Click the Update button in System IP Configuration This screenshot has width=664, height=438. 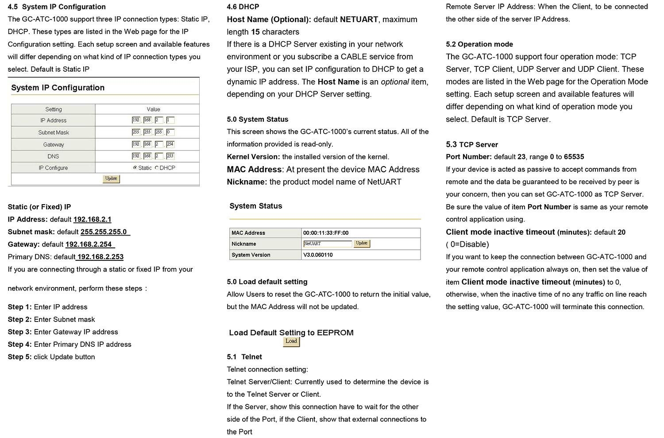pyautogui.click(x=111, y=178)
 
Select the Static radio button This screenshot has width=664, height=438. pyautogui.click(x=135, y=168)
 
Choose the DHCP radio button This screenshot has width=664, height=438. pyautogui.click(x=157, y=168)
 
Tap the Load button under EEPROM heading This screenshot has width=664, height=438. pyautogui.click(x=291, y=341)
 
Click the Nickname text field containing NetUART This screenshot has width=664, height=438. pyautogui.click(x=327, y=244)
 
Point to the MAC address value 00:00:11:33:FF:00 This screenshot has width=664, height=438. pyautogui.click(x=325, y=233)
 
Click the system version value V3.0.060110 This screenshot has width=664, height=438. pyautogui.click(x=318, y=255)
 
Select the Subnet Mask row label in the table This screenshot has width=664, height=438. pyautogui.click(x=54, y=132)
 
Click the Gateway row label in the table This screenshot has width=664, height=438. pyautogui.click(x=54, y=144)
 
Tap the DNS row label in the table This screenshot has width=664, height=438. pyautogui.click(x=53, y=156)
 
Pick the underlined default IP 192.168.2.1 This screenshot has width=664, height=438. pyautogui.click(x=92, y=220)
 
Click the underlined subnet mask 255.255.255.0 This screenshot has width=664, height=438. pyautogui.click(x=104, y=232)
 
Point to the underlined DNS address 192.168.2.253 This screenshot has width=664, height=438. pyautogui.click(x=100, y=257)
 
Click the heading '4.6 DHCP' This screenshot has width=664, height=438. pyautogui.click(x=243, y=7)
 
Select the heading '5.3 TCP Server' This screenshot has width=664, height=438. pyautogui.click(x=472, y=145)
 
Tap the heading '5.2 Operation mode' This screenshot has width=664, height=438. pyautogui.click(x=479, y=44)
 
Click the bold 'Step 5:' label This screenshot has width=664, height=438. pyautogui.click(x=19, y=357)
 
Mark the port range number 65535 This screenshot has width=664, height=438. pyautogui.click(x=574, y=157)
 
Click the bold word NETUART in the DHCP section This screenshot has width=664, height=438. pyautogui.click(x=359, y=19)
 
